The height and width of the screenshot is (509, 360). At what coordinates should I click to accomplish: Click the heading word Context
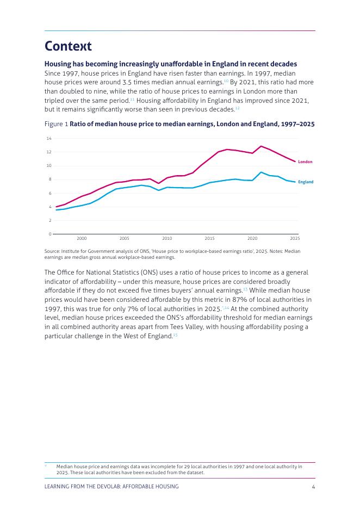pos(68,46)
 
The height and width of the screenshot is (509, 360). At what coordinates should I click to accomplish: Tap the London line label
pos(305,162)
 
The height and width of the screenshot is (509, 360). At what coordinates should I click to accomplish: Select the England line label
pos(306,182)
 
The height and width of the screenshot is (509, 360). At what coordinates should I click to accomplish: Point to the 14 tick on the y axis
pos(49,139)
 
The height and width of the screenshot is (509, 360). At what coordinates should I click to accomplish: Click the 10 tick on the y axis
pos(49,166)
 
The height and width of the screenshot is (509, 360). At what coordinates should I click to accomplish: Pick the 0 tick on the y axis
pos(50,234)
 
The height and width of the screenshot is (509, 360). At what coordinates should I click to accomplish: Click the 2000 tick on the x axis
pos(82,238)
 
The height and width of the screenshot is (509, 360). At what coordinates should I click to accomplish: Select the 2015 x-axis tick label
pos(210,238)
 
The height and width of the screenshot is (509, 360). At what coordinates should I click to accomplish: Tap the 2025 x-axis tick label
pos(295,238)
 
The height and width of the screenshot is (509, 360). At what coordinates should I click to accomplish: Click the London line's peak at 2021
pos(261,146)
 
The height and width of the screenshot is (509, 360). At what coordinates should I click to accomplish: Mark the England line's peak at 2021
pos(261,172)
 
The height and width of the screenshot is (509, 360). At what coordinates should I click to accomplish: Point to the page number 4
pos(313,487)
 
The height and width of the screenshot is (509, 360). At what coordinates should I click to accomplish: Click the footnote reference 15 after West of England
pos(175,334)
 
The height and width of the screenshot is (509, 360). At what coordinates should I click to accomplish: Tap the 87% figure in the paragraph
pos(239,300)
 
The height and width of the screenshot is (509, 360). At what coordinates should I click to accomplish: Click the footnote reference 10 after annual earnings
pos(226,81)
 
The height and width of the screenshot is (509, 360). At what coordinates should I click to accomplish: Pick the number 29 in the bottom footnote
pos(187,467)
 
